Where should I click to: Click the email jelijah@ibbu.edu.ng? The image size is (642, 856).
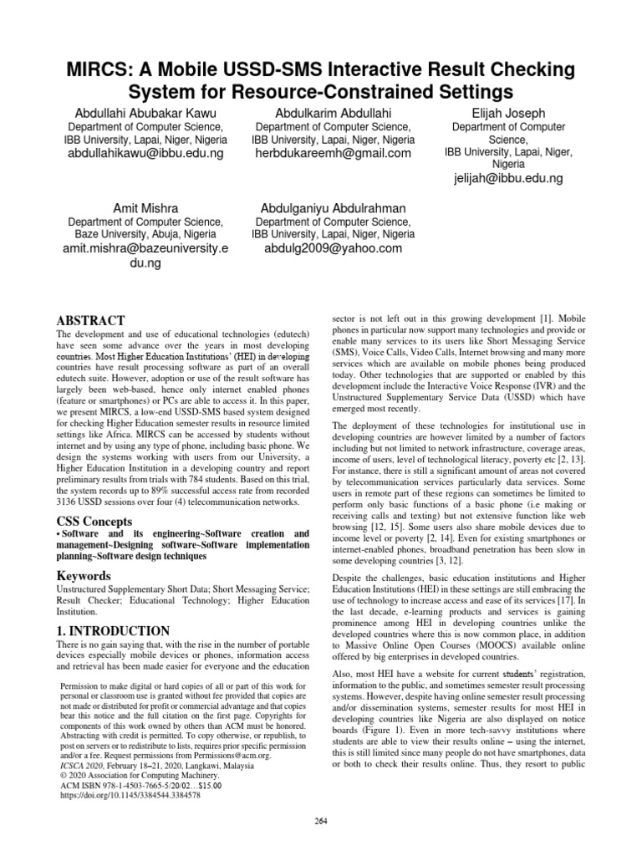(508, 179)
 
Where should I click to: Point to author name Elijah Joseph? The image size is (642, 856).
(508, 112)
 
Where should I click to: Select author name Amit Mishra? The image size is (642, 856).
(145, 207)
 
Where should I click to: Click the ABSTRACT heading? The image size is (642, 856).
(90, 321)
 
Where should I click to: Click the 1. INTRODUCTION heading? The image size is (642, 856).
(113, 630)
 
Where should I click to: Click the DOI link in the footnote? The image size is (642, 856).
(131, 795)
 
